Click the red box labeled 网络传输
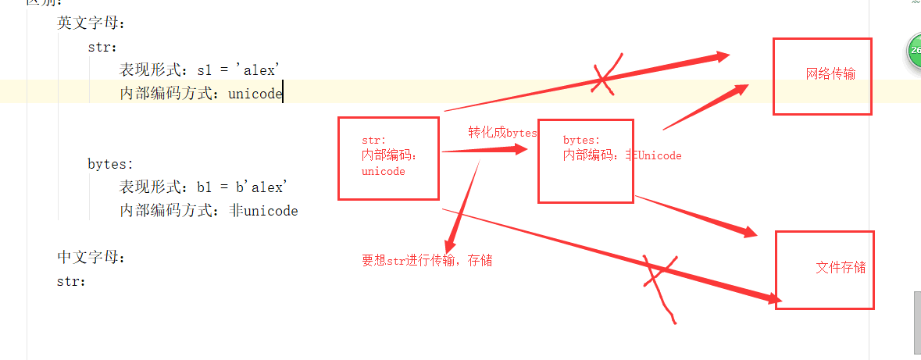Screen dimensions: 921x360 (x=822, y=76)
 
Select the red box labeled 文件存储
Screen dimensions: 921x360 (x=824, y=269)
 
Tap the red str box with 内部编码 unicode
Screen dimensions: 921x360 (x=388, y=158)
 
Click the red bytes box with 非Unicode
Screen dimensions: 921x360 (x=585, y=161)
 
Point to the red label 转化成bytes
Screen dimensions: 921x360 (x=502, y=133)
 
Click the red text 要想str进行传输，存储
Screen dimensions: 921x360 (x=427, y=261)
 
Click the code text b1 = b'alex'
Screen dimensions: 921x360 (x=243, y=187)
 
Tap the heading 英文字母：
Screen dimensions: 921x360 (x=91, y=23)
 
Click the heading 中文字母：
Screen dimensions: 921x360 (x=91, y=257)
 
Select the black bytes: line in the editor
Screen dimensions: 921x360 (x=110, y=164)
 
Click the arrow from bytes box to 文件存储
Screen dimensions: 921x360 (x=695, y=216)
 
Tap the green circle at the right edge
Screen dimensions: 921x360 (x=914, y=53)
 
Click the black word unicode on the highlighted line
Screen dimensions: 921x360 (x=255, y=94)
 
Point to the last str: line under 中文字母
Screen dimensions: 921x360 (x=71, y=280)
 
